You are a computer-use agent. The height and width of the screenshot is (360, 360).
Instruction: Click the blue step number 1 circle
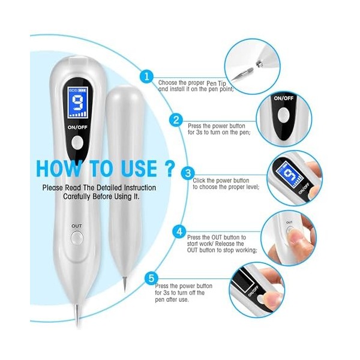(146, 76)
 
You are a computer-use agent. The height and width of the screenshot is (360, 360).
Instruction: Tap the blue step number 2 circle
(176, 119)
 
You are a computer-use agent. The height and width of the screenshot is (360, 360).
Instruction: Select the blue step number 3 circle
(188, 173)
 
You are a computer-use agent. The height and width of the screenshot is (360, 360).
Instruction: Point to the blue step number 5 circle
(151, 278)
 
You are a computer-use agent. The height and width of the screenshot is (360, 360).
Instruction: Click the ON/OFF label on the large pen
(77, 127)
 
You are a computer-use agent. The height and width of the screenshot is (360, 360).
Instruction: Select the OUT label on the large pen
(77, 226)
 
